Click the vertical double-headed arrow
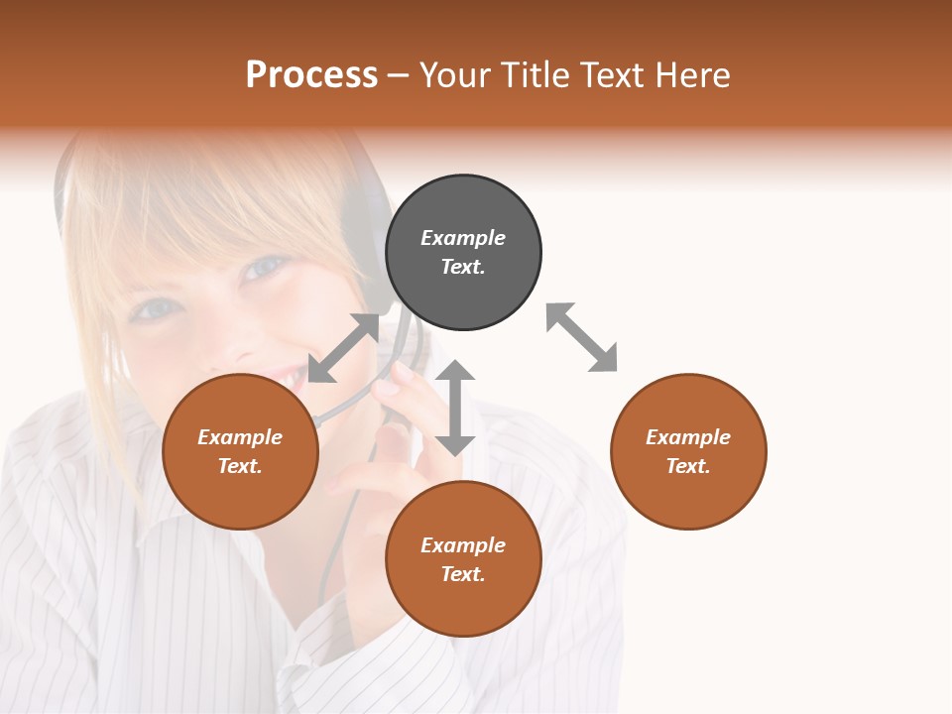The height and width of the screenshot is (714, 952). [455, 408]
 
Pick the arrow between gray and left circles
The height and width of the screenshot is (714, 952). [344, 347]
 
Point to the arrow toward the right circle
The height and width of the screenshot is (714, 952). [582, 337]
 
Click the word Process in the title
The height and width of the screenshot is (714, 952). [311, 75]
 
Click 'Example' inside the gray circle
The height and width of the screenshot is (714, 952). [463, 238]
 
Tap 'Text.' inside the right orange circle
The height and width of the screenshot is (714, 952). [688, 466]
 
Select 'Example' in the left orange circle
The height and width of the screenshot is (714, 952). [240, 437]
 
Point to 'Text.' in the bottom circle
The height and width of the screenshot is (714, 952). [463, 574]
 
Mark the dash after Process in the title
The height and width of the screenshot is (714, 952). [399, 75]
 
